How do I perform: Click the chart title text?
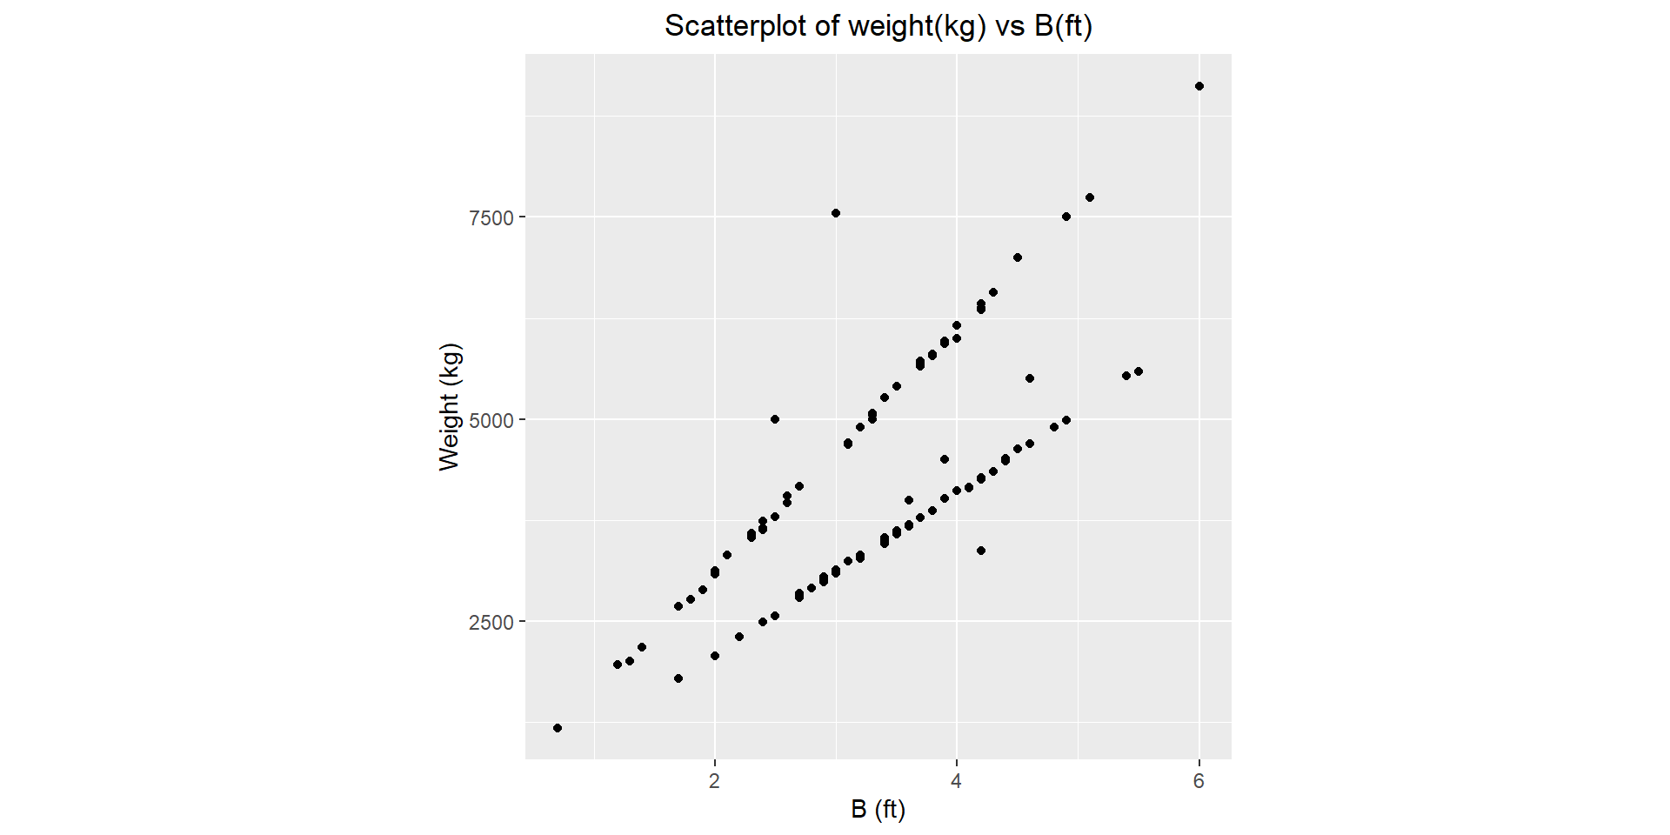[878, 26]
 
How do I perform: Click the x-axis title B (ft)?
[878, 810]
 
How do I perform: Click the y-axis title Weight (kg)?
[450, 407]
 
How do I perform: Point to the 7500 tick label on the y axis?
[491, 217]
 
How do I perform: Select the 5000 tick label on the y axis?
[491, 420]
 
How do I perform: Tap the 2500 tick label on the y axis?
[491, 623]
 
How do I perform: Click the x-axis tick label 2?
[714, 781]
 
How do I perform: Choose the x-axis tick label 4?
[957, 781]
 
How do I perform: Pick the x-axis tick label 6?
[1199, 781]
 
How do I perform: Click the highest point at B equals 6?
[1199, 86]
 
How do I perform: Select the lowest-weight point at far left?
[558, 728]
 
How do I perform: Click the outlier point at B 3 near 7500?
[836, 213]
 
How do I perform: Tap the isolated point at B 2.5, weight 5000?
[775, 419]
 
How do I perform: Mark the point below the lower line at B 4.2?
[981, 551]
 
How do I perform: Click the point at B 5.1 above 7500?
[1090, 197]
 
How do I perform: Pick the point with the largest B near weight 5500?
[1139, 371]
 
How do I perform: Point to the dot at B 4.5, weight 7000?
[1018, 257]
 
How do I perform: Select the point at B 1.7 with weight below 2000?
[678, 678]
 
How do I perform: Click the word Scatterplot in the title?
[736, 26]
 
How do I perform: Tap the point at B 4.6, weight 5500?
[1030, 378]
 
